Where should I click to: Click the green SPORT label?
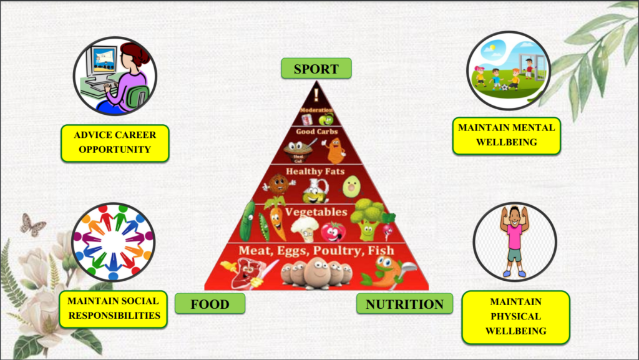(x=316, y=68)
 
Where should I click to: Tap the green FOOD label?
(x=210, y=304)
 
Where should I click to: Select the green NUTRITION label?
(x=404, y=304)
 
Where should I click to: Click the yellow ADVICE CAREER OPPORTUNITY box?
(x=115, y=142)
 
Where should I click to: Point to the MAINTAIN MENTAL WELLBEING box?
(x=506, y=135)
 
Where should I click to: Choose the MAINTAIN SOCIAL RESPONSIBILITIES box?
(x=114, y=308)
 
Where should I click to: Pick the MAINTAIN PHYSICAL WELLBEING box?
(x=515, y=316)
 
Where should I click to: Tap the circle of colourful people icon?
(x=113, y=242)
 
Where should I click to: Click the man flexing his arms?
(x=514, y=241)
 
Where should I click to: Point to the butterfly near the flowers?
(x=32, y=225)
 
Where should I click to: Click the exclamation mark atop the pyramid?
(x=316, y=95)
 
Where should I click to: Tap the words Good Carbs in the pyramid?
(x=317, y=132)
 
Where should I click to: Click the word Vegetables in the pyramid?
(x=316, y=212)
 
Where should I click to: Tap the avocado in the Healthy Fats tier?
(x=352, y=186)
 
